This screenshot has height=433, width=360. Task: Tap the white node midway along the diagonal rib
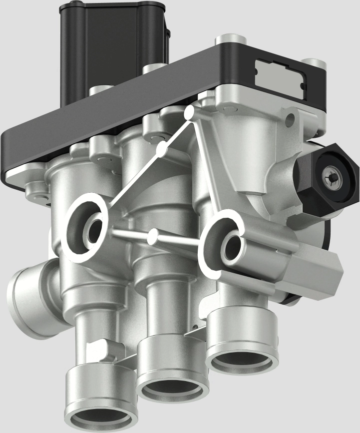[161, 148]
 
